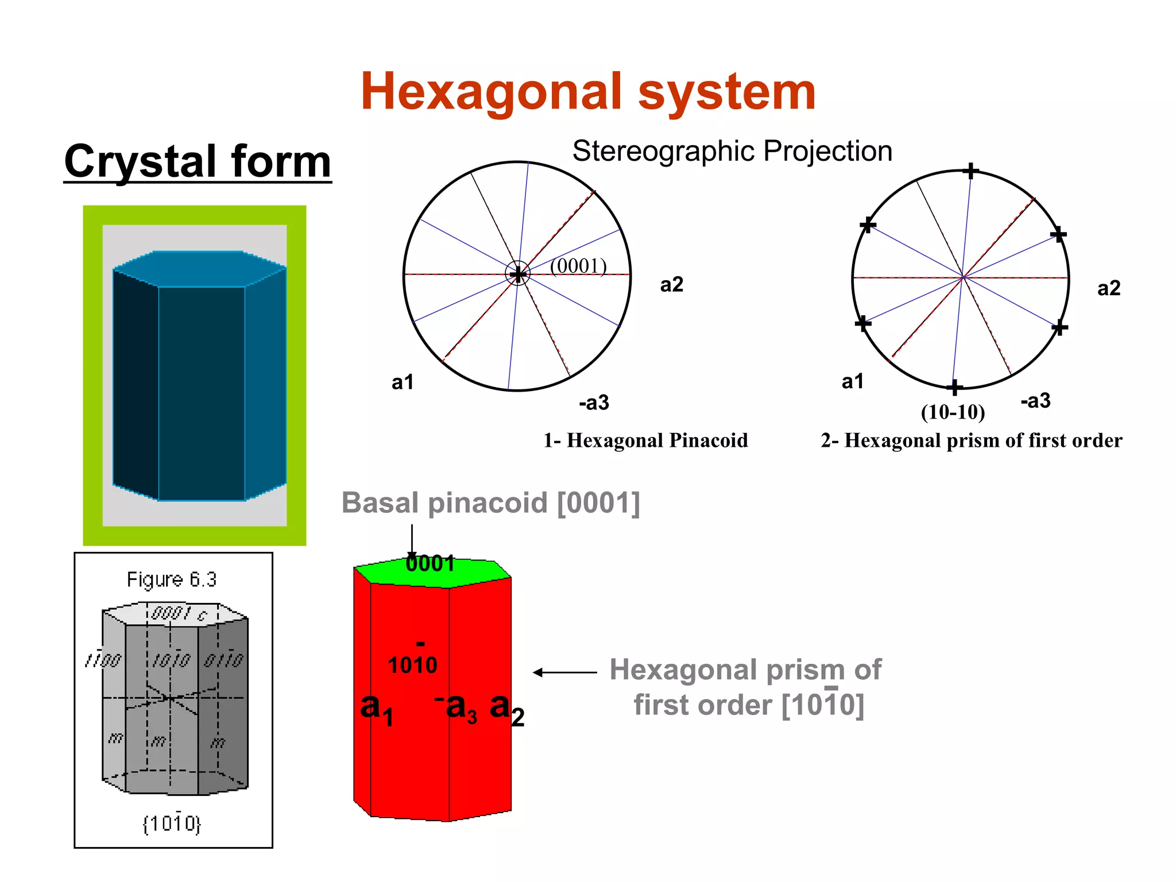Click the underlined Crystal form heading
click(198, 162)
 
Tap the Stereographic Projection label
click(732, 152)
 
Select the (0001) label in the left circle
click(578, 266)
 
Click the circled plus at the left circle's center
click(518, 274)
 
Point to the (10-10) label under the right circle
click(953, 412)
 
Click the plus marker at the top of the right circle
click(970, 171)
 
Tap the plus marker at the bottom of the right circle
click(954, 388)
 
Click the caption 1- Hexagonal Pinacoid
click(645, 440)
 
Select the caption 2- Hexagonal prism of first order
click(971, 440)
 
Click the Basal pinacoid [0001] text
click(490, 503)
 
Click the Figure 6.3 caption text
click(172, 579)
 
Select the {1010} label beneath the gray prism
click(172, 823)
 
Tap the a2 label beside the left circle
click(671, 285)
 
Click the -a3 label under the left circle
click(594, 403)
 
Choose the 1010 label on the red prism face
click(412, 665)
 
